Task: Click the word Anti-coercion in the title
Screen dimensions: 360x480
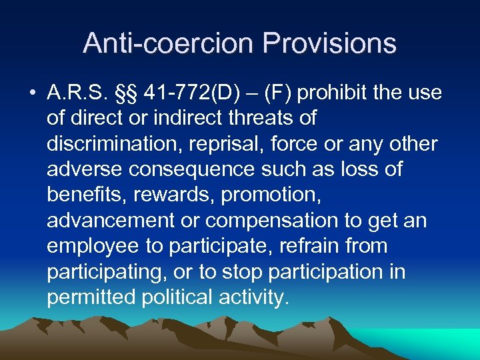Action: (169, 43)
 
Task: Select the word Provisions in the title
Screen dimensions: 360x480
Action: (329, 43)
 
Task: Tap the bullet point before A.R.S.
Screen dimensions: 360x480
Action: (33, 93)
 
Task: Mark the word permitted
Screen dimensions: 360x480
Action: (91, 297)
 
